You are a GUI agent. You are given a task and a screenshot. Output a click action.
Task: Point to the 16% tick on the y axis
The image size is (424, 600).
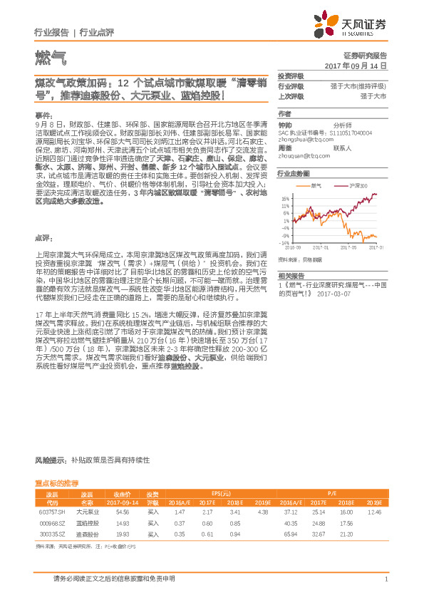(x=286, y=199)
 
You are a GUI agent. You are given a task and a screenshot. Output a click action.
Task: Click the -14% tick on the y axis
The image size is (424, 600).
(x=286, y=242)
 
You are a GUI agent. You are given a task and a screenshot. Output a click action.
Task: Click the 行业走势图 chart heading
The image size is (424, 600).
(x=294, y=173)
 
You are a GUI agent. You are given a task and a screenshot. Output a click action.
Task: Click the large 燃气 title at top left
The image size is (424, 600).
(x=48, y=55)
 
